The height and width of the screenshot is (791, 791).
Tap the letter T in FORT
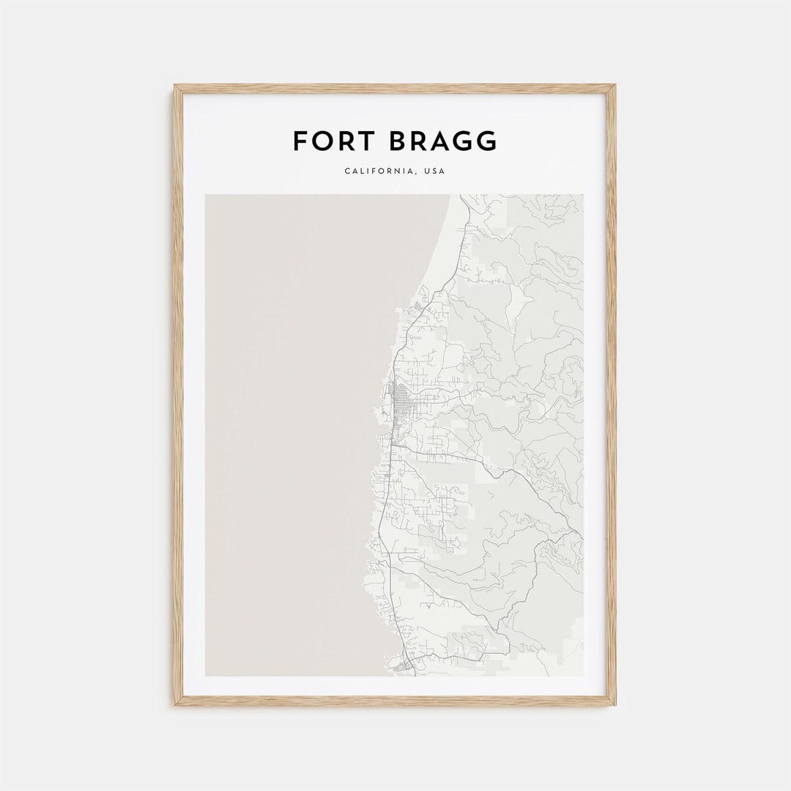pos(356,141)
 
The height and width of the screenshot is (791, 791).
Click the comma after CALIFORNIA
pos(413,174)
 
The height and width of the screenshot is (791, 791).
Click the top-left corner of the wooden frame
pos(176,86)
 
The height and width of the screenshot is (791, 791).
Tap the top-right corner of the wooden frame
pos(614,86)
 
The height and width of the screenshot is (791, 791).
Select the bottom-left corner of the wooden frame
pos(176,705)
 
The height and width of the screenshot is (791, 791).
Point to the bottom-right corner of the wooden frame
pos(614,705)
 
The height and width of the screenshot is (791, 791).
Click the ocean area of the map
pos(293,439)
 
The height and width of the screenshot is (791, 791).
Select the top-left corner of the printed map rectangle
pos(206,195)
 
